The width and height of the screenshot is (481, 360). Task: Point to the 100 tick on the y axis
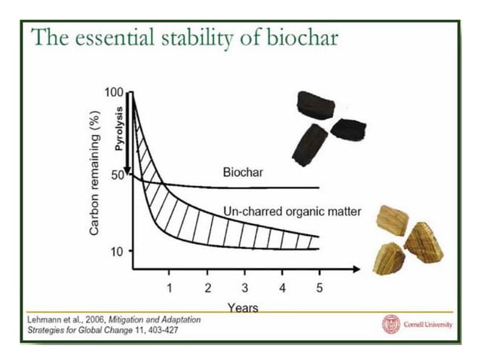pyautogui.click(x=114, y=92)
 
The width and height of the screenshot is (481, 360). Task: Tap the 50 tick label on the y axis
pyautogui.click(x=116, y=175)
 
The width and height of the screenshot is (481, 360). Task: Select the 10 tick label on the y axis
pyautogui.click(x=116, y=251)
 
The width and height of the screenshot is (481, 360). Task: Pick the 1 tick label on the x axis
pyautogui.click(x=170, y=287)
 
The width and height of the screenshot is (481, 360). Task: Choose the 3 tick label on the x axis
pyautogui.click(x=244, y=287)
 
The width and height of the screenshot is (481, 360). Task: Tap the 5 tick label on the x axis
pyautogui.click(x=319, y=287)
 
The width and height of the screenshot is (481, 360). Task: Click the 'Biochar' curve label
pyautogui.click(x=242, y=172)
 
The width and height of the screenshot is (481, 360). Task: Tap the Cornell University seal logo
pyautogui.click(x=391, y=324)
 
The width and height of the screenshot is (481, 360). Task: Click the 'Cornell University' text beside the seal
pyautogui.click(x=427, y=324)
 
